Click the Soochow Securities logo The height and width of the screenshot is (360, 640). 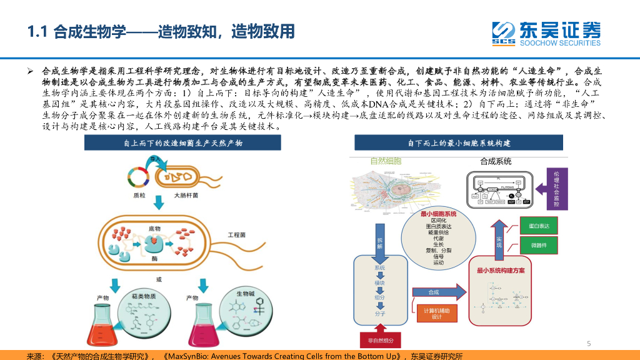coord(545,34)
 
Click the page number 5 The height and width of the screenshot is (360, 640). coord(589,343)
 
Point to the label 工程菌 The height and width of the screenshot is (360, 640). coord(236,234)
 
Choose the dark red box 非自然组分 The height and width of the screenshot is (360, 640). coord(381,340)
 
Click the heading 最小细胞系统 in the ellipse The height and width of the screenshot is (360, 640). coord(438,214)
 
